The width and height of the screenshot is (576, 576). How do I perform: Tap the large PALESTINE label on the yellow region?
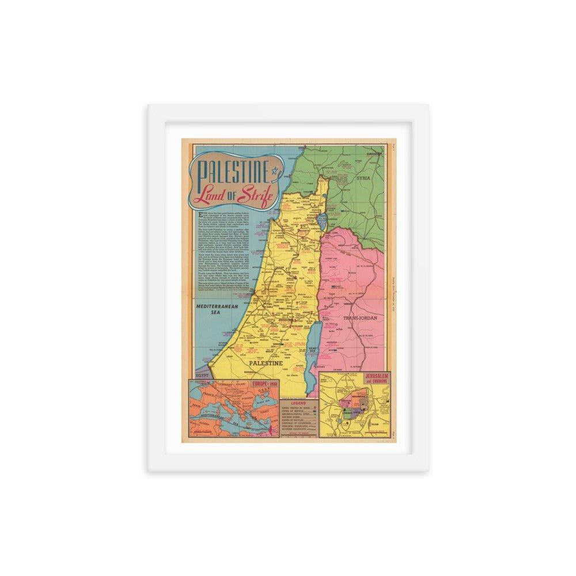coord(266,364)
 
